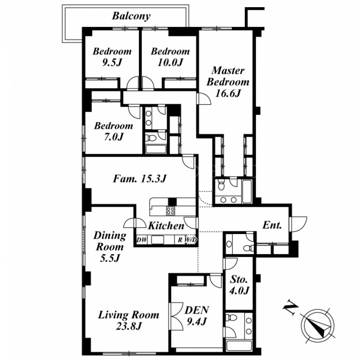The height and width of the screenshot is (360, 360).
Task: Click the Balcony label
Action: pyautogui.click(x=131, y=16)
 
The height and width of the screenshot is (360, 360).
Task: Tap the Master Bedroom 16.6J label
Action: pyautogui.click(x=228, y=82)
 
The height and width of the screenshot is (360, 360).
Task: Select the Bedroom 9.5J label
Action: pyautogui.click(x=112, y=57)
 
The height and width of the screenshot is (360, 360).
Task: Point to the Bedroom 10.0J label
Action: pyautogui.click(x=170, y=57)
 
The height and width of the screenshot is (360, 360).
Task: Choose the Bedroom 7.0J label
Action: pyautogui.click(x=113, y=131)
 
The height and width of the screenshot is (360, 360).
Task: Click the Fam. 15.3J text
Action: pyautogui.click(x=139, y=179)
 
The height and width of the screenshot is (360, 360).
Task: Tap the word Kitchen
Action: pyautogui.click(x=166, y=226)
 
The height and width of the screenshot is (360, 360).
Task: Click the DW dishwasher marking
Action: pyautogui.click(x=142, y=240)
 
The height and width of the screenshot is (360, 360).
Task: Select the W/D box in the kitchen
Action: pyautogui.click(x=191, y=240)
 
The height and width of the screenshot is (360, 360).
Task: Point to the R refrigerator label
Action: pyautogui.click(x=180, y=240)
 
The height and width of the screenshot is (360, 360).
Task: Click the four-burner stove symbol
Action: pyautogui.click(x=171, y=211)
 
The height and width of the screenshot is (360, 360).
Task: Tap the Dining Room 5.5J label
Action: pyautogui.click(x=110, y=247)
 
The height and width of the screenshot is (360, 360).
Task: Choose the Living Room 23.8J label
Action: pyautogui.click(x=129, y=320)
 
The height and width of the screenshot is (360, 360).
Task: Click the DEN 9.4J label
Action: pyautogui.click(x=197, y=315)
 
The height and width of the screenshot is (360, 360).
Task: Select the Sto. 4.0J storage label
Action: pyautogui.click(x=239, y=285)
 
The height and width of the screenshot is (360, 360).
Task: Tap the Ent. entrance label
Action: pyautogui.click(x=272, y=225)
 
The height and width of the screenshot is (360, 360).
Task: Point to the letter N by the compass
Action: pyautogui.click(x=290, y=307)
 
